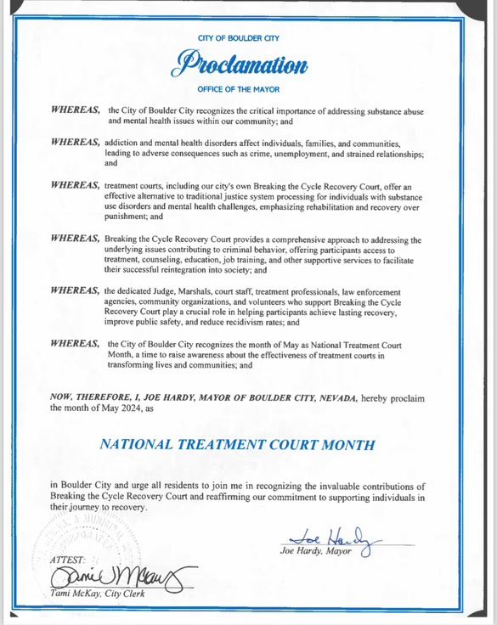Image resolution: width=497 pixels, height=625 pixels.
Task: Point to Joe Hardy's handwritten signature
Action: (x=336, y=537)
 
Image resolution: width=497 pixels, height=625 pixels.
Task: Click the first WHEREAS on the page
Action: (x=75, y=111)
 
